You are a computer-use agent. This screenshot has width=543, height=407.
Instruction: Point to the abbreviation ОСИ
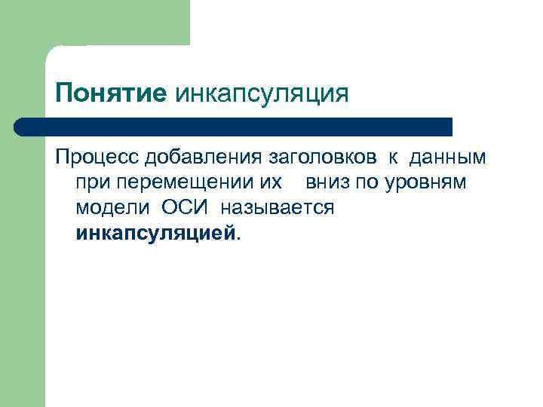(x=186, y=207)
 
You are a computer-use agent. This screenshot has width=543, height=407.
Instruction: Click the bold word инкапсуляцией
(x=155, y=232)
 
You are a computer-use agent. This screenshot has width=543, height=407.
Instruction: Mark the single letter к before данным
(x=394, y=158)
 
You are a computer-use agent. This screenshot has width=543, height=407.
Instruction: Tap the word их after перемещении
(x=271, y=182)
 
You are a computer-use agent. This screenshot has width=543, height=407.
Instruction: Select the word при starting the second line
(x=90, y=183)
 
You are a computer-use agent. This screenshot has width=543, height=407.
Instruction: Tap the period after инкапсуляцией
(x=239, y=236)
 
